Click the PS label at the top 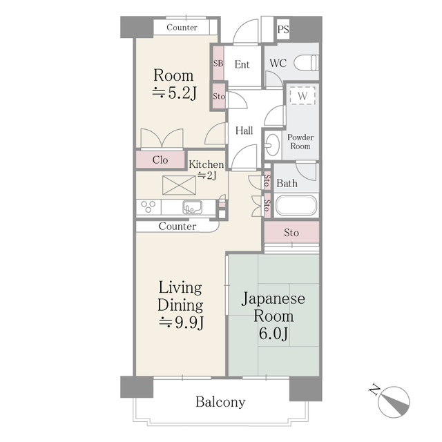[283, 29]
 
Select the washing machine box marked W [302, 97]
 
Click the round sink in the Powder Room [271, 145]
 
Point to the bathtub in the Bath [296, 206]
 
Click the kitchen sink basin [191, 206]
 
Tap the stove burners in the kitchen [148, 206]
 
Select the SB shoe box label [218, 64]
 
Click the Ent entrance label [242, 64]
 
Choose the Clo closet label [160, 160]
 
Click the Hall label [244, 131]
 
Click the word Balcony [220, 402]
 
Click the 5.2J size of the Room [174, 94]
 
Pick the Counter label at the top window [182, 28]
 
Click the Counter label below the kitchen [177, 226]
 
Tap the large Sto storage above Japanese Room [291, 233]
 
